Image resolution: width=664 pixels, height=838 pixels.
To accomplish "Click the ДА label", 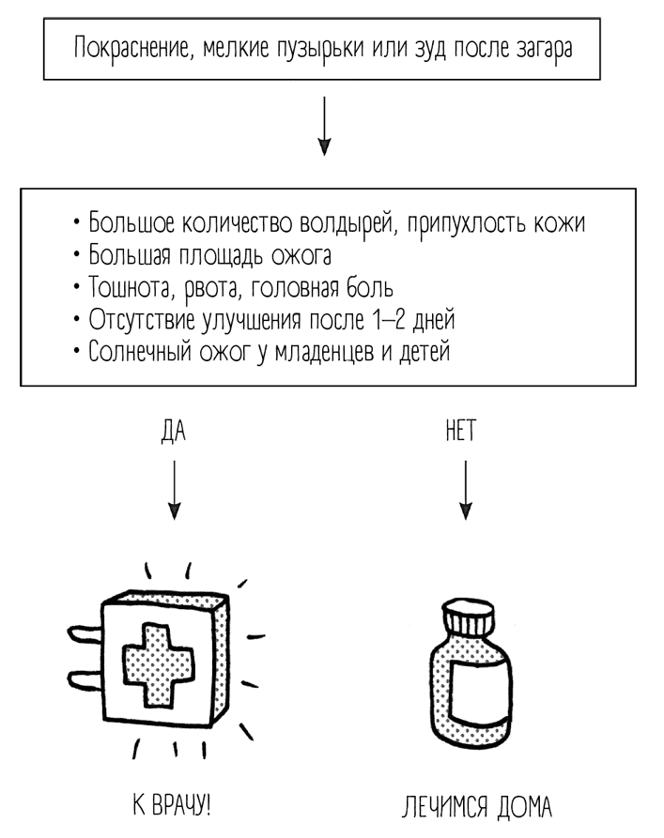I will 174,433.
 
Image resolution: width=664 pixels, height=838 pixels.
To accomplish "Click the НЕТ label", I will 463,433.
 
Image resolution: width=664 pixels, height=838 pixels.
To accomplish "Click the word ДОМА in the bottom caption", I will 519,806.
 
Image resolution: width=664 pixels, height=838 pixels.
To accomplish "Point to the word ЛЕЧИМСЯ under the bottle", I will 438,806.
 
